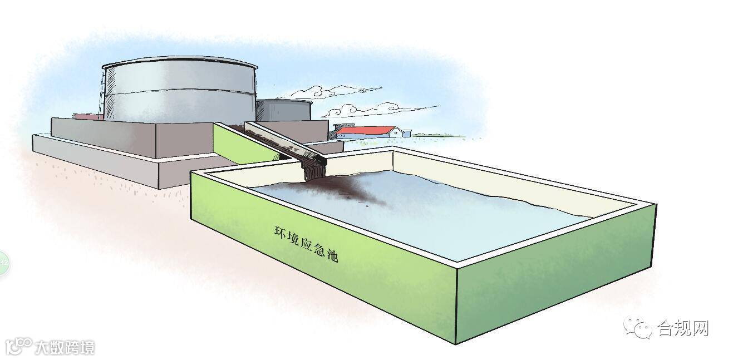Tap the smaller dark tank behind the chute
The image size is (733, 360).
pos(284,110)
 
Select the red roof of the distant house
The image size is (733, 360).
pos(365,130)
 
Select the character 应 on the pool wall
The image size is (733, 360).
pos(307,245)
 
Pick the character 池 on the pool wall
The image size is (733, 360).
pos(332,257)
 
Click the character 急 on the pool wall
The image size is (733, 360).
pos(320,251)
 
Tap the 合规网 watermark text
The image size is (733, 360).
pos(683,328)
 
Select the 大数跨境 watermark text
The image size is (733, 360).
pos(64,348)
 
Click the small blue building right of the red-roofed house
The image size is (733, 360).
pos(406,133)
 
